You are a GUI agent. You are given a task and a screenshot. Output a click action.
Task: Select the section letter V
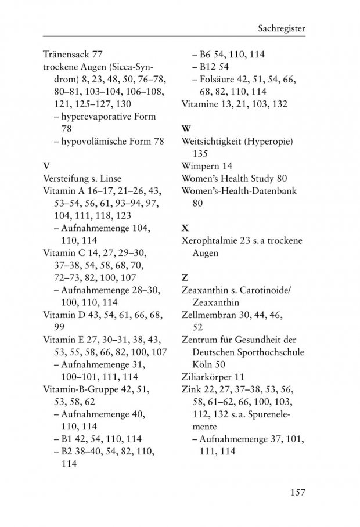pos(46,165)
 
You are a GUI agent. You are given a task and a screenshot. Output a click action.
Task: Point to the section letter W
pos(186,128)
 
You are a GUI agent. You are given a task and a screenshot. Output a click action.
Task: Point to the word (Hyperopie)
pos(269,142)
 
